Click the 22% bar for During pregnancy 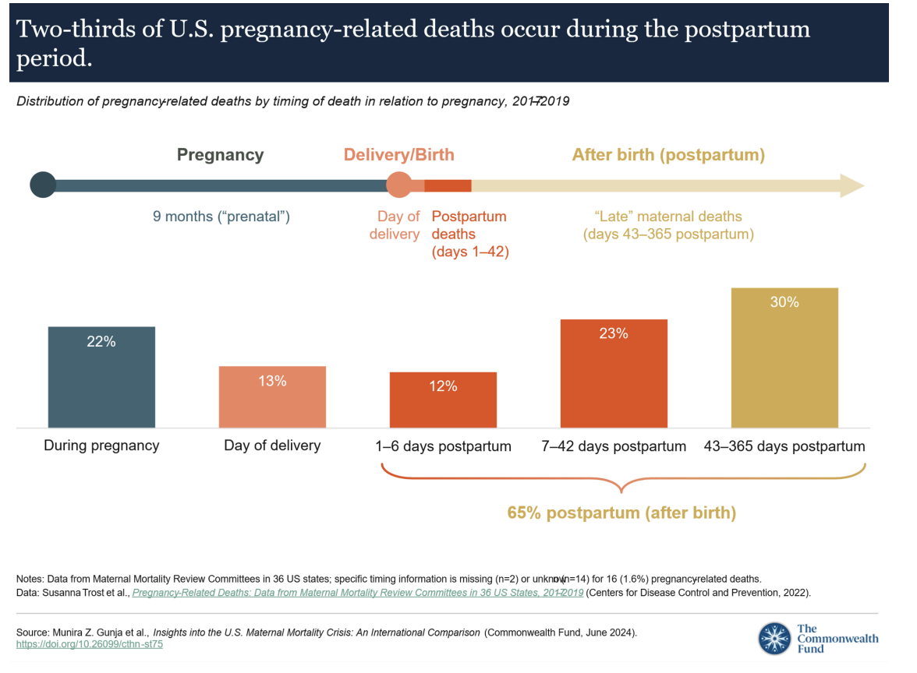click(x=101, y=378)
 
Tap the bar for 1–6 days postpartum click(x=443, y=400)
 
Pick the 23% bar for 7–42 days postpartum click(x=614, y=374)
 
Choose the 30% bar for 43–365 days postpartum click(x=784, y=358)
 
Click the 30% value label click(x=784, y=302)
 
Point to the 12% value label click(x=443, y=386)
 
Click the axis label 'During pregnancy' click(x=101, y=446)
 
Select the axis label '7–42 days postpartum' click(x=614, y=446)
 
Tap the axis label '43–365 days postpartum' click(x=784, y=446)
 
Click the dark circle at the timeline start click(x=43, y=185)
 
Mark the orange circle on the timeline click(x=399, y=185)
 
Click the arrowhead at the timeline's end click(x=851, y=186)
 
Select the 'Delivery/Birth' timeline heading click(x=399, y=154)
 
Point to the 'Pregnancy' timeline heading click(x=220, y=154)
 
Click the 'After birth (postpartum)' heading click(x=668, y=154)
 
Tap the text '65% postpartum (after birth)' click(x=621, y=513)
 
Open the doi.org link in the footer click(x=90, y=644)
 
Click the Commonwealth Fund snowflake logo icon click(x=774, y=638)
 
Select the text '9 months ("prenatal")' click(x=221, y=217)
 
